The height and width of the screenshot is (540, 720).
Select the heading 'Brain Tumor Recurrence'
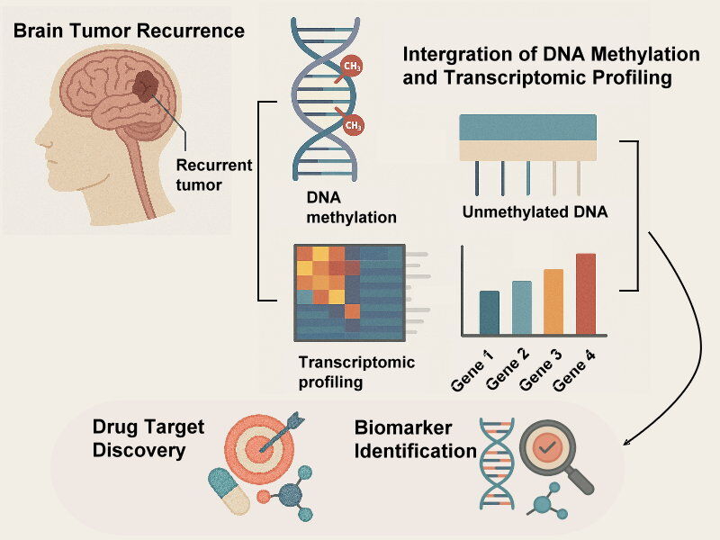(129, 31)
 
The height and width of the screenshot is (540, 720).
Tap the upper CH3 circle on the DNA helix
(350, 66)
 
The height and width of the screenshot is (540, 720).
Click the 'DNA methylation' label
(337, 208)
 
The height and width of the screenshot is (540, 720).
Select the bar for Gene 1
(490, 311)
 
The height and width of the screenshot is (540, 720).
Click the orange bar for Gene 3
(553, 301)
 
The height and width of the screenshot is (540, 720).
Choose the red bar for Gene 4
(586, 292)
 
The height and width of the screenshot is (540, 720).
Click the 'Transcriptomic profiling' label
(356, 373)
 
